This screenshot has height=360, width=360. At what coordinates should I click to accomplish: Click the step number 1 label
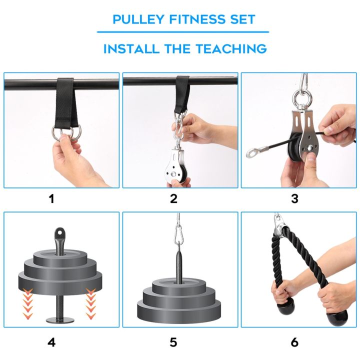51,198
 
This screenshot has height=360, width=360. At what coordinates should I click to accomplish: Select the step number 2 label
173,198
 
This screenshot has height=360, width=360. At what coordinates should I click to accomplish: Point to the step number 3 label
294,198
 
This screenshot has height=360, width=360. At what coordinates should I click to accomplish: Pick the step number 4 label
51,342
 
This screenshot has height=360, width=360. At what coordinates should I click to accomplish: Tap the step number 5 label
173,342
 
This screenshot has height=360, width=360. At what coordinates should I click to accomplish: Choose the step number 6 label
294,342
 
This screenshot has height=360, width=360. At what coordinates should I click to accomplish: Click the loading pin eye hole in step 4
60,233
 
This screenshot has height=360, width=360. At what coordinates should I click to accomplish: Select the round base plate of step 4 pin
60,319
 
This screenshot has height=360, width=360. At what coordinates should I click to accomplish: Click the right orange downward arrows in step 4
91,302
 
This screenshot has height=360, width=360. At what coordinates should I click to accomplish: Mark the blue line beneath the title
182,32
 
